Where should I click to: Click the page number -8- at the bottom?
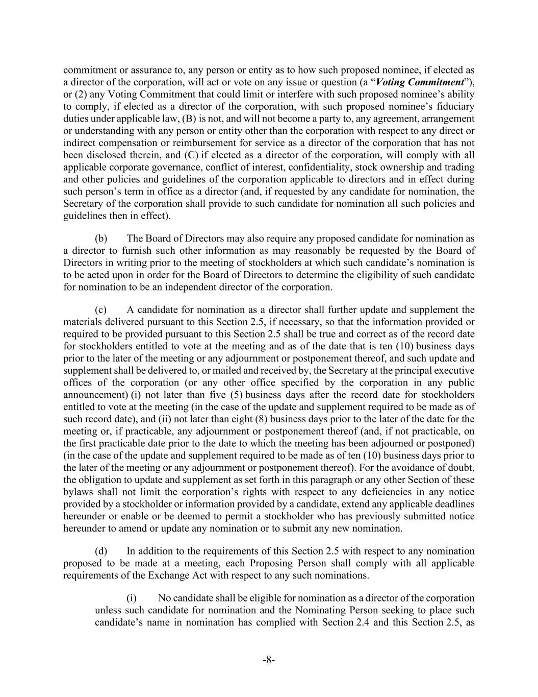pos(269,660)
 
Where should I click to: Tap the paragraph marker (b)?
pos(101,238)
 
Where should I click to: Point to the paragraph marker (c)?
pos(101,310)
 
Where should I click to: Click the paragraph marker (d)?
pos(101,551)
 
